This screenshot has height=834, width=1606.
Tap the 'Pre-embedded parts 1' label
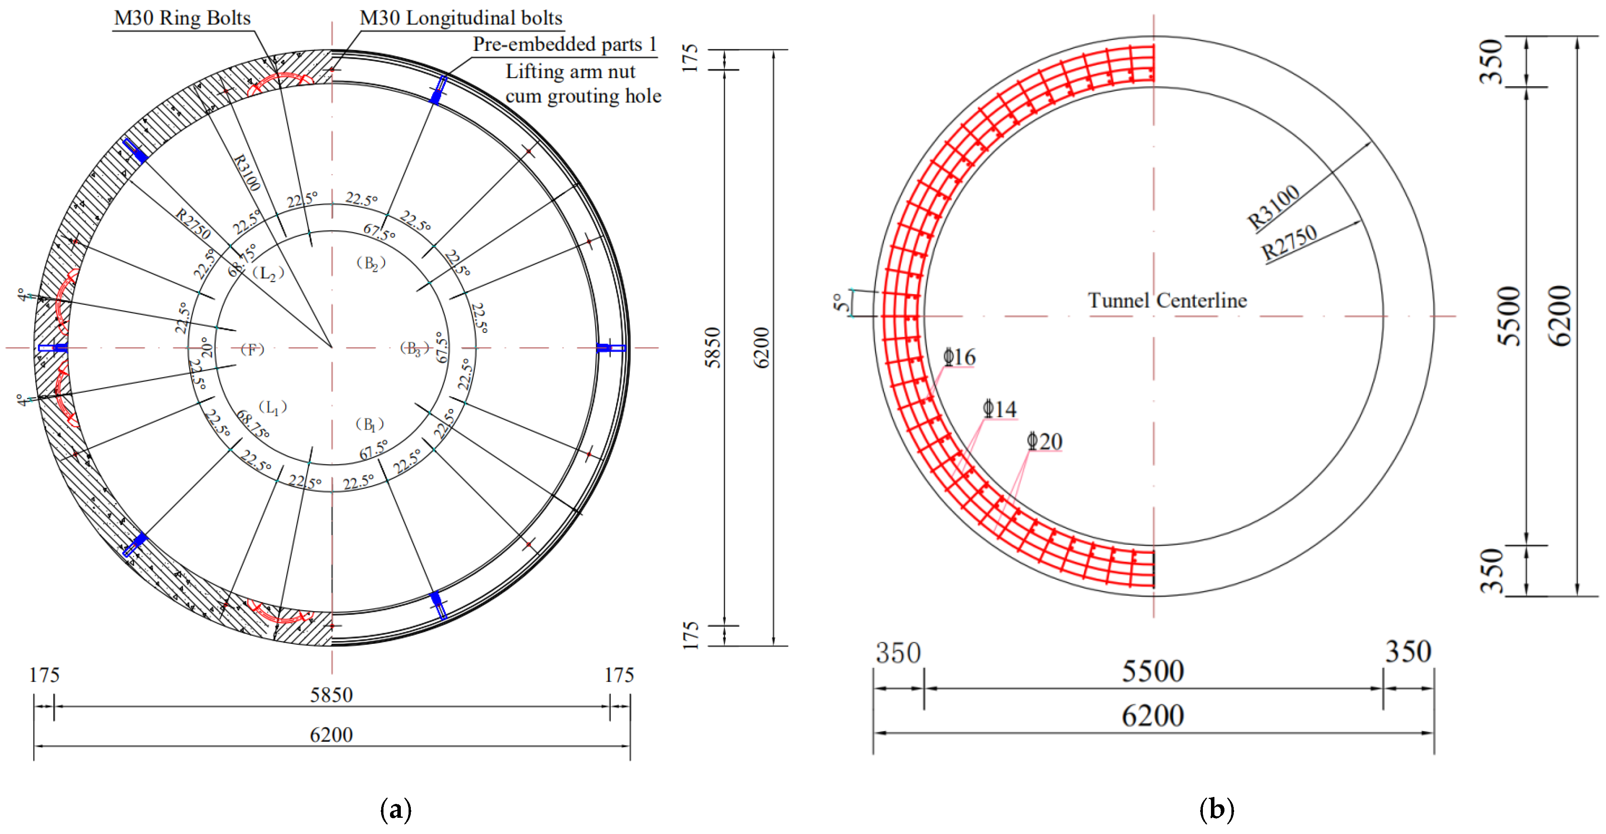pos(565,44)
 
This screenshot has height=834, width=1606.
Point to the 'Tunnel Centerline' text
pos(1167,301)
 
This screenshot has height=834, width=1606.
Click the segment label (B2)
pos(371,263)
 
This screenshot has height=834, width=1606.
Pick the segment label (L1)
pos(272,408)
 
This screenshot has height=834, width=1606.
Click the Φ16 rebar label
pos(959,357)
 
